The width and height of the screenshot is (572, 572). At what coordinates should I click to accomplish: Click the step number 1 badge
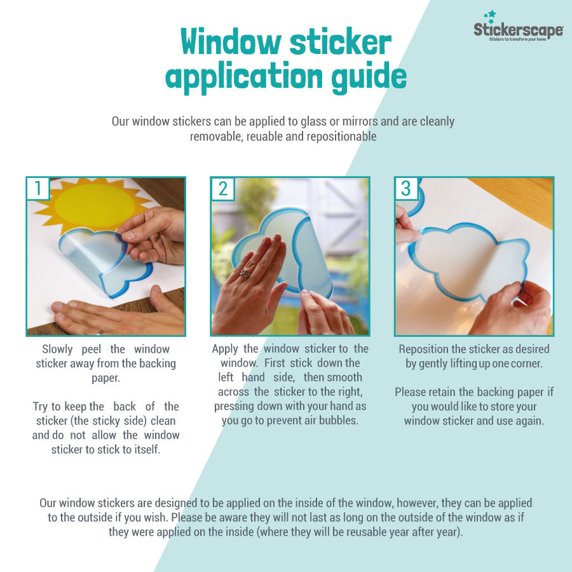point(38,188)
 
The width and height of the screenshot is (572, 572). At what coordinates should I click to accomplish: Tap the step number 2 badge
point(222,188)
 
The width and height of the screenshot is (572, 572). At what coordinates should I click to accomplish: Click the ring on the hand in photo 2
point(244,273)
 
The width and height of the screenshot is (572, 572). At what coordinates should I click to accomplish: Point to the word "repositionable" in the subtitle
point(340,136)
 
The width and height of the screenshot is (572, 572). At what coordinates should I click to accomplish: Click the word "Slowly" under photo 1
point(62,349)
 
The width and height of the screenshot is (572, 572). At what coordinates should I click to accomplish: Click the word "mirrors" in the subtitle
point(332,121)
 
